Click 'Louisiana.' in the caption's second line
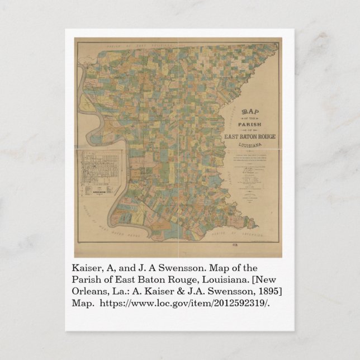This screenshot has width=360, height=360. pyautogui.click(x=222, y=280)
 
